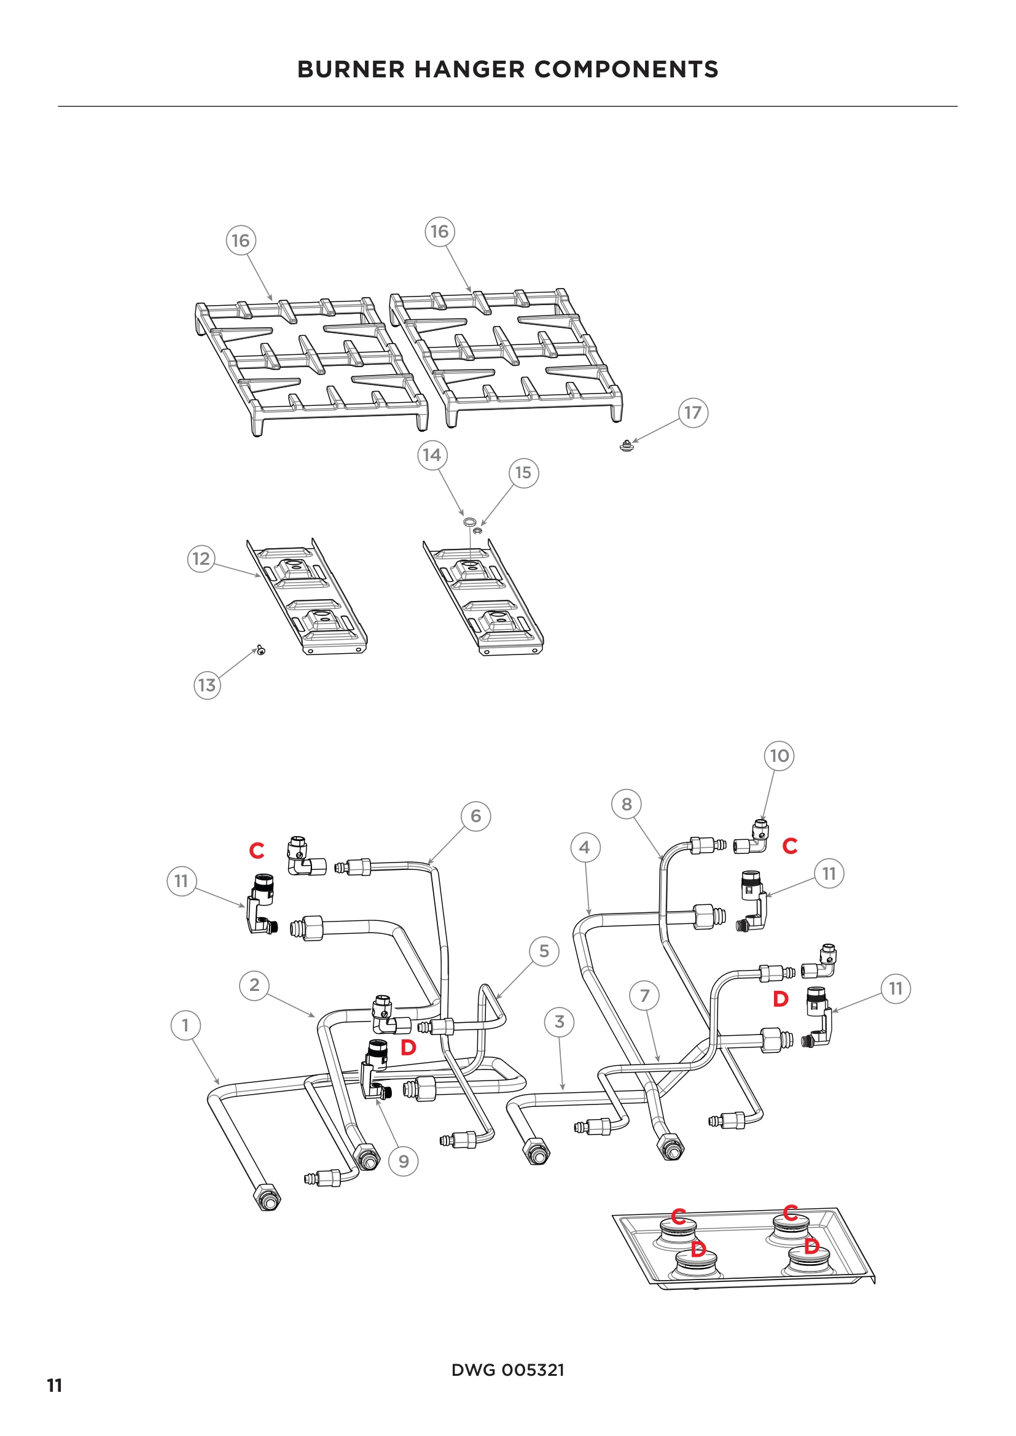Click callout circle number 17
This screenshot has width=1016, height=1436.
coord(693,413)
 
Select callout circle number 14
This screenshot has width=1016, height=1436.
coord(432,455)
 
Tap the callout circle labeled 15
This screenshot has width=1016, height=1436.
coord(523,473)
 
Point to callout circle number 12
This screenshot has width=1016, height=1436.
coord(201,559)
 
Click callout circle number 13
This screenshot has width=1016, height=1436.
coord(207,685)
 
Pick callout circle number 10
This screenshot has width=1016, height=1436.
coord(779,756)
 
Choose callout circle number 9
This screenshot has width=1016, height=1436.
coord(404,1162)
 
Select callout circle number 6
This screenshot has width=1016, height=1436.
coord(476,815)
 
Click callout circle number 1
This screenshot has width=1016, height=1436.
coord(185,1025)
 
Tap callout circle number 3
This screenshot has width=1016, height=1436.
coord(560,1022)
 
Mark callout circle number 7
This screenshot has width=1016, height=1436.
coord(645,996)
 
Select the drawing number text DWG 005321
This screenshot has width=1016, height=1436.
coord(507,1370)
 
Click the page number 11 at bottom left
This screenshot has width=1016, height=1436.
coord(55,1386)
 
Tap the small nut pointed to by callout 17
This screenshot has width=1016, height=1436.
coord(626,446)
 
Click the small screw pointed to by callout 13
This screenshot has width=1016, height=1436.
coord(262,651)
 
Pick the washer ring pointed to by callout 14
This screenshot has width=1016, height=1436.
coord(469,521)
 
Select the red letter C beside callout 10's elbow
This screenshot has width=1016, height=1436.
coord(790,846)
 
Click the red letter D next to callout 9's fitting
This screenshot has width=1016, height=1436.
coord(408,1047)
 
